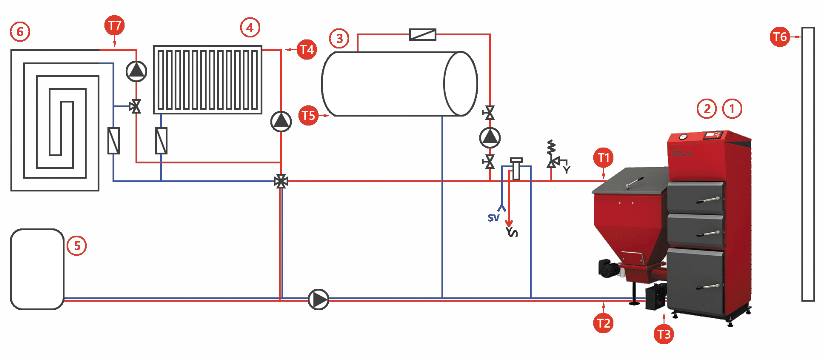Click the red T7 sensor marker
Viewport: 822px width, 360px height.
[115, 25]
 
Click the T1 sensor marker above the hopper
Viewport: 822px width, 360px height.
[603, 157]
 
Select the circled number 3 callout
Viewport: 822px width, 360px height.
[339, 38]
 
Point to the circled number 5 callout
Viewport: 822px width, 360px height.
[77, 246]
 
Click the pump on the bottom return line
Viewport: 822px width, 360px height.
[318, 299]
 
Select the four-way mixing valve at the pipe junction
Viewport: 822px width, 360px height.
[281, 181]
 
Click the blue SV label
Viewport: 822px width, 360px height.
[493, 218]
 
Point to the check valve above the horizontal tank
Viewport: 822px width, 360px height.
[423, 35]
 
